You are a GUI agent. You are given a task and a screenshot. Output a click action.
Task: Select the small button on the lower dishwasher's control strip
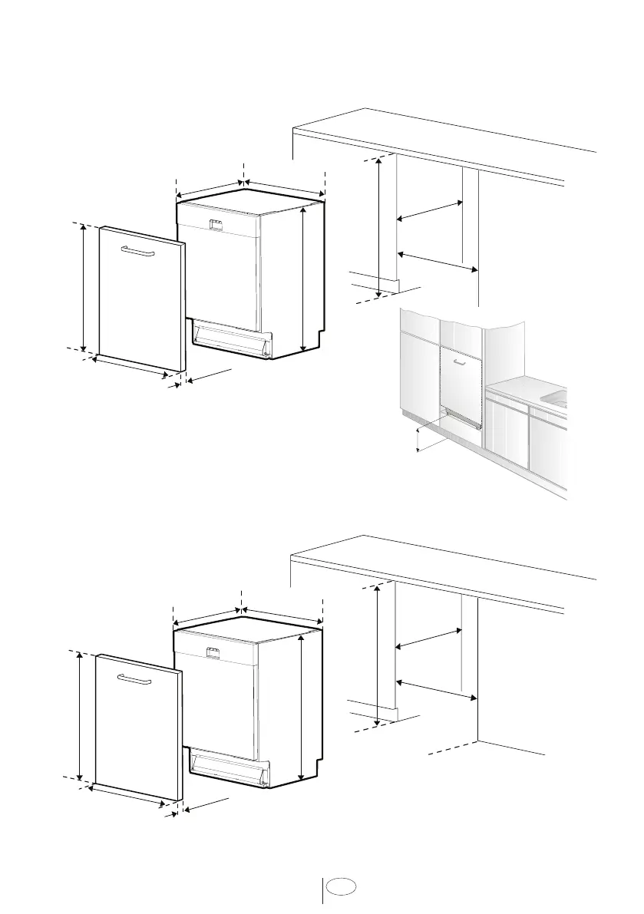(x=213, y=652)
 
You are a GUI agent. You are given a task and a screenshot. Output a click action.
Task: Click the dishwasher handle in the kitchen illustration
(x=459, y=364)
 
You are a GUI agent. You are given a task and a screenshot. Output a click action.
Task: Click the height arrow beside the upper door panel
(x=84, y=286)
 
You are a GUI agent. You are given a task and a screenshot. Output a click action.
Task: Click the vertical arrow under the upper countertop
(x=380, y=227)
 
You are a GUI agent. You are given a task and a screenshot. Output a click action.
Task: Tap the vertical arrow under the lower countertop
(x=378, y=653)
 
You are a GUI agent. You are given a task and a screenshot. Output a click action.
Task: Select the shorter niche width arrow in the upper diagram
(x=428, y=212)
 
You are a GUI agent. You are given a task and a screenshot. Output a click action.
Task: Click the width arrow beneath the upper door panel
(x=130, y=368)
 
